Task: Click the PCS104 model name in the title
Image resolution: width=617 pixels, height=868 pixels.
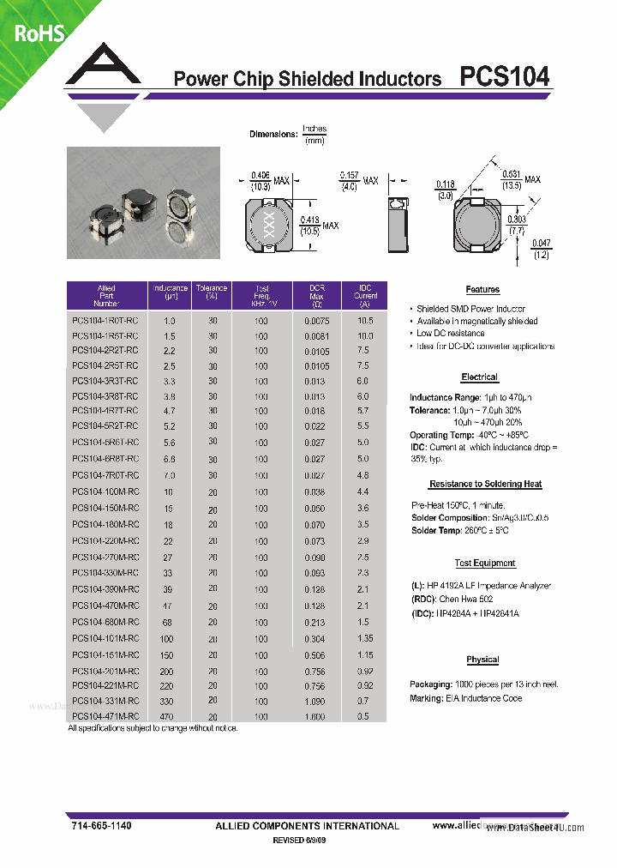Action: (x=505, y=77)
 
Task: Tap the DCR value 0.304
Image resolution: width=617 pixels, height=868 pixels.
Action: (x=315, y=639)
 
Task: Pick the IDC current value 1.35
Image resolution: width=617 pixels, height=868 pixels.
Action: (x=365, y=639)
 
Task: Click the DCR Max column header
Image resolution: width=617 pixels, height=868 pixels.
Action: (x=316, y=295)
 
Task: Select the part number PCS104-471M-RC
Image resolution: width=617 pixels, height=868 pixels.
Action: (x=105, y=716)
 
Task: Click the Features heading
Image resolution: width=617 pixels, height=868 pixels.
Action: (x=482, y=290)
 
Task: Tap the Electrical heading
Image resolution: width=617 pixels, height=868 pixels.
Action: (x=479, y=377)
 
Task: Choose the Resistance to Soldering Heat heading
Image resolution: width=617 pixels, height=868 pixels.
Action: (x=485, y=485)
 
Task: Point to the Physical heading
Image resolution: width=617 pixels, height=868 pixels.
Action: (x=482, y=660)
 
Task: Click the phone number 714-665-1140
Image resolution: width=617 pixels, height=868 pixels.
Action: (x=101, y=825)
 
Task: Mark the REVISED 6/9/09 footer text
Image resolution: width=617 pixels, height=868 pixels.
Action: (x=299, y=841)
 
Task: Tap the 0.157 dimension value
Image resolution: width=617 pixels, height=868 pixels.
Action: (x=350, y=175)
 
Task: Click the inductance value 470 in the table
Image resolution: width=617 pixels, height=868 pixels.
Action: (x=166, y=716)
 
